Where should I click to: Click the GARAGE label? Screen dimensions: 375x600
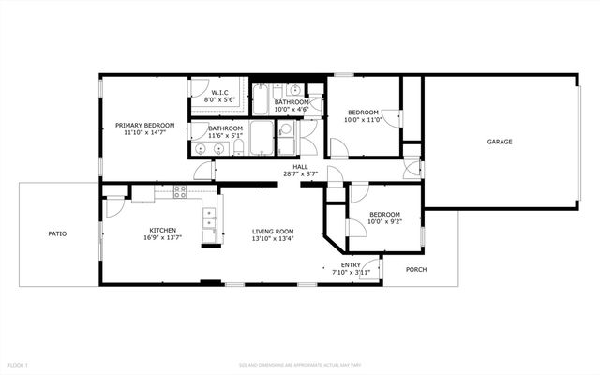[x=499, y=142]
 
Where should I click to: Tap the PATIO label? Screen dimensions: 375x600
[x=58, y=233]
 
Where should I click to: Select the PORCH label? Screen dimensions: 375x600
[x=416, y=270]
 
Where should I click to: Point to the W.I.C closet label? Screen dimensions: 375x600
[x=221, y=92]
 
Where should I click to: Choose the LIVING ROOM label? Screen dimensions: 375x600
[x=273, y=231]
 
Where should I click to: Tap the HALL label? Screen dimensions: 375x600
[x=300, y=167]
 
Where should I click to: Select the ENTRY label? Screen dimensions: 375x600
[x=351, y=264]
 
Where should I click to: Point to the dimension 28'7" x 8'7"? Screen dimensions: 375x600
[x=300, y=174]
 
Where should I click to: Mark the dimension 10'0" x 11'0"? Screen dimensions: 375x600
[x=363, y=119]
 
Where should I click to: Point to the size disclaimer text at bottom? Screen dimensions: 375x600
[x=300, y=364]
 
